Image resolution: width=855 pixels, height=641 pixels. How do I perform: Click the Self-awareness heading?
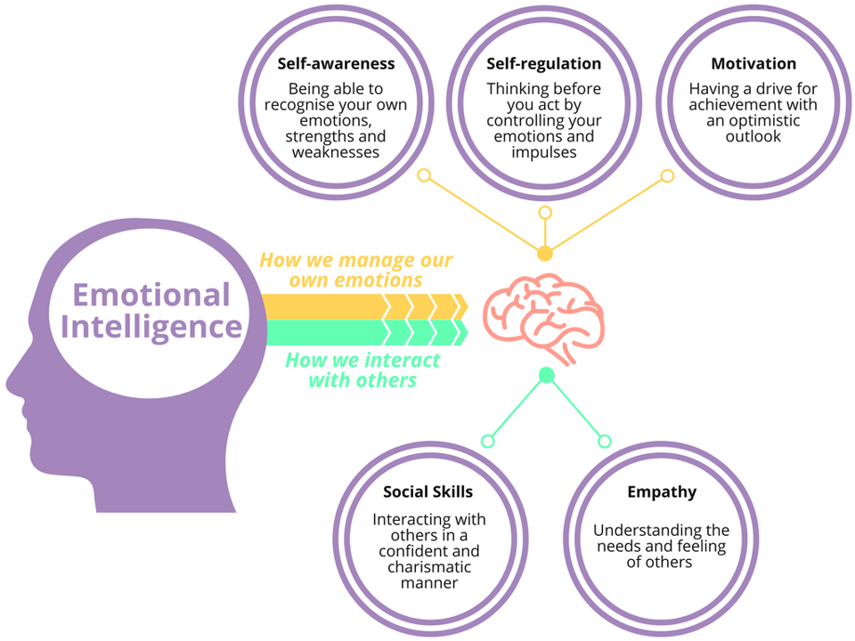336,64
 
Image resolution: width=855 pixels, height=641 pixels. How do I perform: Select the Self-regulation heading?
543,64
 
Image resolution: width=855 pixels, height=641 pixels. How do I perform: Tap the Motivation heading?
753,64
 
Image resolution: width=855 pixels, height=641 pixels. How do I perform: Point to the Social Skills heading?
427,491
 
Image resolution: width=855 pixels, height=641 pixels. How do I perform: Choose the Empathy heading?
662,491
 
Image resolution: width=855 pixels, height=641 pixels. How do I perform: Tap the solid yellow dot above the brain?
545,254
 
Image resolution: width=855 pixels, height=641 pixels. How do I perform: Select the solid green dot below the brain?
547,375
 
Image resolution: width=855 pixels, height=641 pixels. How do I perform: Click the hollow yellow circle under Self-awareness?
424,174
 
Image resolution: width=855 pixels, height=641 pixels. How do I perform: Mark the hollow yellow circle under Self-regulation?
545,213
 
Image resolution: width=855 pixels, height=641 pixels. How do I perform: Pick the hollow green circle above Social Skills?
487,441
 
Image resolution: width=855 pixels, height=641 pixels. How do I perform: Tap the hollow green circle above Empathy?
605,441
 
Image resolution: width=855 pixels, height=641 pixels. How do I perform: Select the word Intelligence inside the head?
151,327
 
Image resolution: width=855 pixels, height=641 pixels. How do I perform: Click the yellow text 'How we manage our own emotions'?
355,270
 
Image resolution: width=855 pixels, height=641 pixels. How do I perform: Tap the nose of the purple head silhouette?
11,389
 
